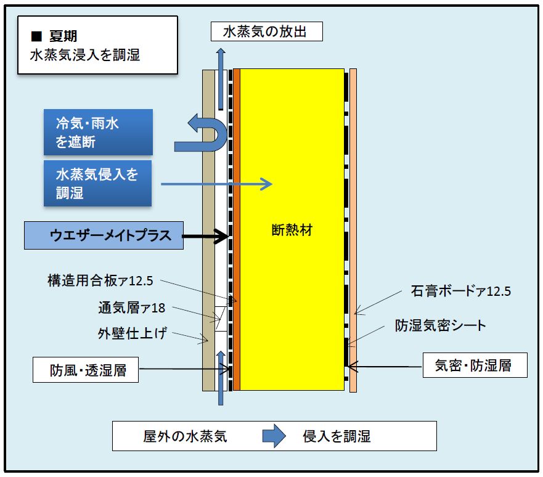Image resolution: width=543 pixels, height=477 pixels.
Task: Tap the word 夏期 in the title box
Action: point(63,36)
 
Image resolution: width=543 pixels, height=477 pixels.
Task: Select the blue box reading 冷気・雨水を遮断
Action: point(98,132)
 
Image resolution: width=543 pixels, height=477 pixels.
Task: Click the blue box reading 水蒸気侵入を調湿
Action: point(97,183)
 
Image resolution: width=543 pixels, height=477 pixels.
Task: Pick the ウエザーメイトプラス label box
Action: point(104,235)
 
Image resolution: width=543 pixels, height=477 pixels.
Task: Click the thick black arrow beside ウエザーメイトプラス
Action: point(205,237)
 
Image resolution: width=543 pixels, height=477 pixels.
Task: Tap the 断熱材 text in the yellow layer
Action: point(292,230)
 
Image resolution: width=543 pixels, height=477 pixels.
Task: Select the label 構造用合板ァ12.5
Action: point(100,280)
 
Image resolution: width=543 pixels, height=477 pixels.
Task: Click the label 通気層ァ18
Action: point(132,308)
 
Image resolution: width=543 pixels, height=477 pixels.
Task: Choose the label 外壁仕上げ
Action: point(133,333)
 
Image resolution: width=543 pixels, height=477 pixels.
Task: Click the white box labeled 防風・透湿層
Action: point(86,370)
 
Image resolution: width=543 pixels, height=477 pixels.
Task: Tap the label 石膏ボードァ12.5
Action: point(460,291)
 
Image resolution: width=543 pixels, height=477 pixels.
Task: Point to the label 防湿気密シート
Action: point(440,325)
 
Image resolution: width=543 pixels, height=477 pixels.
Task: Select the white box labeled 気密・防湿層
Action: point(475,365)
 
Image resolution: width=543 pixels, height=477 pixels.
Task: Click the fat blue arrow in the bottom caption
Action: point(274,436)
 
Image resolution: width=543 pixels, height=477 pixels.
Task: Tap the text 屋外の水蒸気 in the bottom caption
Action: point(186,436)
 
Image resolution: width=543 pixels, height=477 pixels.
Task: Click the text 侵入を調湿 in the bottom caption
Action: point(337,436)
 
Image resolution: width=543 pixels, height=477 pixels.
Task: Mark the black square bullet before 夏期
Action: point(36,36)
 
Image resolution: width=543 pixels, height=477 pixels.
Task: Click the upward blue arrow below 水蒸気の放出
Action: point(221,79)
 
